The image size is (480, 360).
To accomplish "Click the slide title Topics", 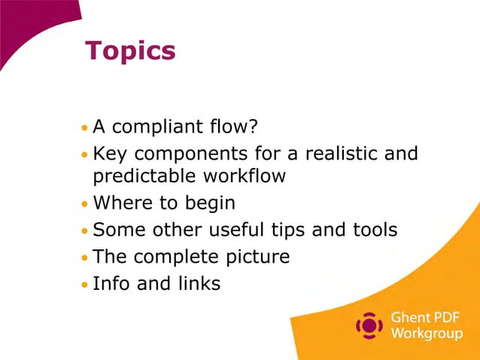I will pos(130,51).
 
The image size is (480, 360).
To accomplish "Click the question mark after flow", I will pos(253,125).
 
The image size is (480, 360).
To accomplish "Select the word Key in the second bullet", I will pos(109,154).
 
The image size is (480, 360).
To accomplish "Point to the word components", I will pos(188,154).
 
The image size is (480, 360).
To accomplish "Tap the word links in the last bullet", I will pos(195,284).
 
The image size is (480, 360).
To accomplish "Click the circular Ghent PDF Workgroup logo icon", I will pos(369,325).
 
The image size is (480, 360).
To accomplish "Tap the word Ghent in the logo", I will pos(409,318).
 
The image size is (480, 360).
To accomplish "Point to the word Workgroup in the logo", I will pos(427,334).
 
